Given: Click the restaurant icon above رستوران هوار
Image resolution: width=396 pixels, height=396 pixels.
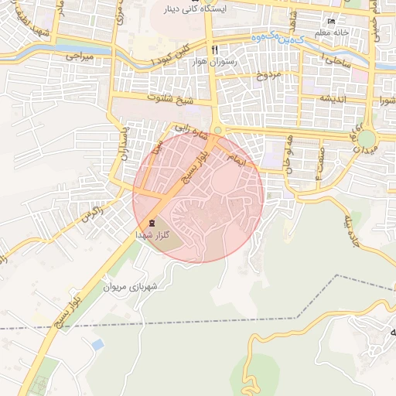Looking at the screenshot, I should (203, 48).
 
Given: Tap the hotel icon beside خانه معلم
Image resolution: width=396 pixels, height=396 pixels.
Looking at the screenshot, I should (332, 20).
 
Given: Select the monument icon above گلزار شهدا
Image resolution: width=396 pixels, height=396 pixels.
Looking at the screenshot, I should (151, 223).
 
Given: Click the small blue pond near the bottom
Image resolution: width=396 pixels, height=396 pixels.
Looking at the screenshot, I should (97, 343).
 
